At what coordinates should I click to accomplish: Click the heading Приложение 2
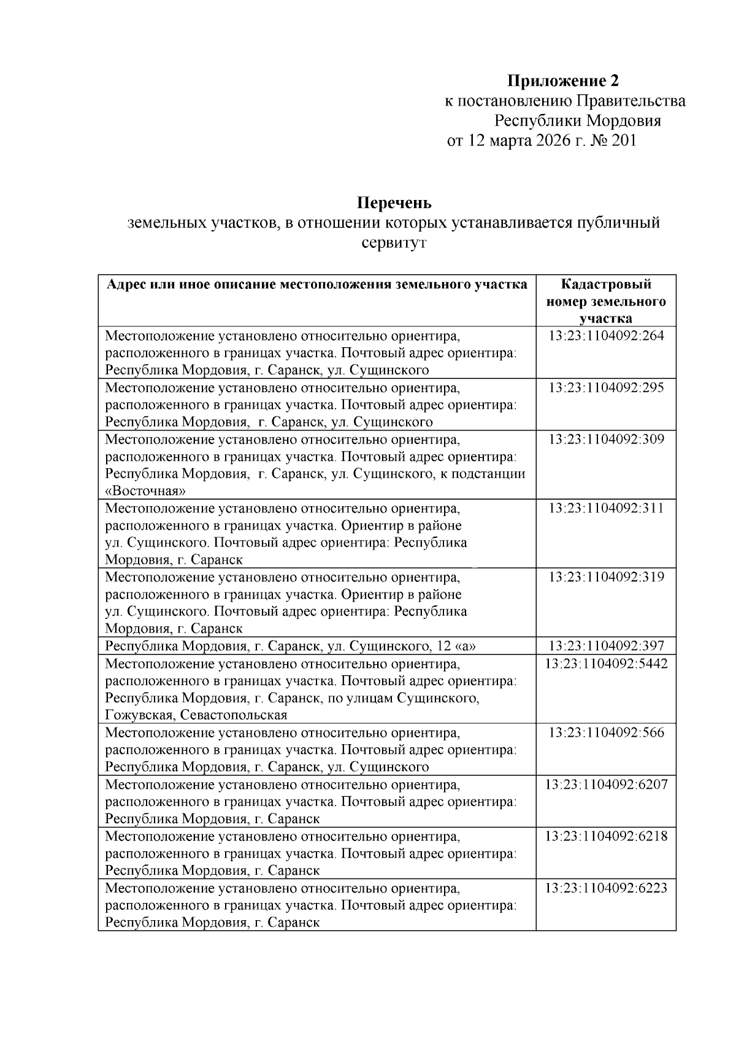(x=562, y=81)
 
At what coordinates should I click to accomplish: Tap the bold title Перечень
(x=394, y=202)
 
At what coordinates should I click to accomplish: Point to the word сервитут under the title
(x=394, y=243)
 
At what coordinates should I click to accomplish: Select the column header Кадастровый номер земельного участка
(x=606, y=301)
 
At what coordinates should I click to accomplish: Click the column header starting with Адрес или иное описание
(x=317, y=285)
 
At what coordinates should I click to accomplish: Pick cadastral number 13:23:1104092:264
(x=606, y=336)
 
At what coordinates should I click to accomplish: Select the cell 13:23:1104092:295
(x=606, y=388)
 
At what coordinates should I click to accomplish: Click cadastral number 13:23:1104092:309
(x=606, y=440)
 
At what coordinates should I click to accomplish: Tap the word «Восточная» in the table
(x=145, y=491)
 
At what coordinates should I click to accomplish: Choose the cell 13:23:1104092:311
(x=606, y=509)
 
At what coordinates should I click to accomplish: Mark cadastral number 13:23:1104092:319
(x=606, y=577)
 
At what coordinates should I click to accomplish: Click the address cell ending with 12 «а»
(x=291, y=646)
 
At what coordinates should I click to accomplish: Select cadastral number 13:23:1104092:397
(x=606, y=646)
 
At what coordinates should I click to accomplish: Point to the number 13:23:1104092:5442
(x=606, y=664)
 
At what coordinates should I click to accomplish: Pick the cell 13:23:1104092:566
(x=606, y=732)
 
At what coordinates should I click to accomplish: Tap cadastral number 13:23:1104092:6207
(x=606, y=785)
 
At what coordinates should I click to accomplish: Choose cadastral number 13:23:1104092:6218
(x=606, y=836)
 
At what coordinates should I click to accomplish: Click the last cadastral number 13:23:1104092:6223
(x=606, y=888)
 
